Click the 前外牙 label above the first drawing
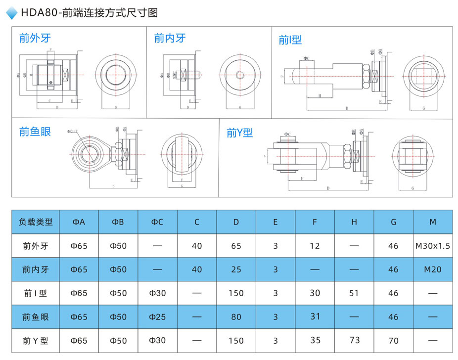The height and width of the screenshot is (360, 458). point(35,38)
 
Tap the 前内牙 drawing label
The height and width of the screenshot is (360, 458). point(170,38)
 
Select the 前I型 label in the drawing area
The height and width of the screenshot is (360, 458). point(290,40)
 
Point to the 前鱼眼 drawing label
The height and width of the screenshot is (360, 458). point(35,132)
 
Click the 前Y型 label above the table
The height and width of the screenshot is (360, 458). point(239,133)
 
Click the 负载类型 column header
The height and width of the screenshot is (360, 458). point(35,222)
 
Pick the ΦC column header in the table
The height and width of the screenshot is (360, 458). point(157,222)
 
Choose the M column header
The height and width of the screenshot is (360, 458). point(433,222)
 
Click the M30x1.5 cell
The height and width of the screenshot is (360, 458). point(433,246)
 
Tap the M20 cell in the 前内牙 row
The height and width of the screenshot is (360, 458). point(433,270)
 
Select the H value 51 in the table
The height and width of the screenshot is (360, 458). point(354,293)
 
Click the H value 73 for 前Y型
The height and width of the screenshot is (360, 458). point(354,340)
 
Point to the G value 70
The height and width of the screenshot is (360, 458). point(393,341)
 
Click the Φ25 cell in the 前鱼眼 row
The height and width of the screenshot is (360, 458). point(157,317)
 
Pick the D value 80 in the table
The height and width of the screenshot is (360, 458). point(236,317)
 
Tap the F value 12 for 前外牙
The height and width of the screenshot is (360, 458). point(315,246)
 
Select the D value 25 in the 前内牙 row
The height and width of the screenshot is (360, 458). point(236,270)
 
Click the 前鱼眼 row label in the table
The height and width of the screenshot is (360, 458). point(35,317)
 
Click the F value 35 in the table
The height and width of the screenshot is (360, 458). point(315,340)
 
